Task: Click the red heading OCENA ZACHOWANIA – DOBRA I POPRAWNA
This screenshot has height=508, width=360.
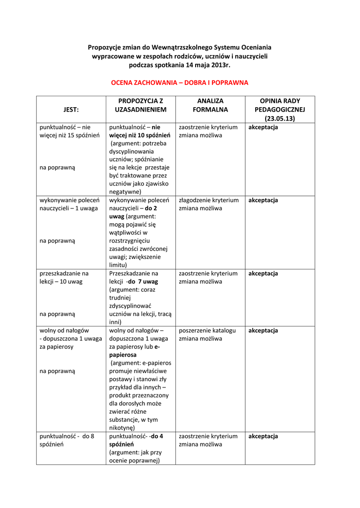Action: pyautogui.click(x=179, y=82)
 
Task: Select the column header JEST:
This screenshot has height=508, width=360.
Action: pyautogui.click(x=71, y=109)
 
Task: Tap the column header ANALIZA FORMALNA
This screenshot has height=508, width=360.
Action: pyautogui.click(x=210, y=105)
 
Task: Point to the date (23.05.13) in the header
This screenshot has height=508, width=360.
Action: pyautogui.click(x=280, y=119)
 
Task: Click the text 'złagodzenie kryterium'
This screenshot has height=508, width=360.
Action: pyautogui.click(x=209, y=200)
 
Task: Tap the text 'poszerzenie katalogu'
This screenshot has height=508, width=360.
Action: pyautogui.click(x=207, y=330)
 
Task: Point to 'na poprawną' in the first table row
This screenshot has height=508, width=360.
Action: pyautogui.click(x=57, y=168)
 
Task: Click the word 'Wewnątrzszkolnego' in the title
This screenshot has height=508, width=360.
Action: pyautogui.click(x=182, y=47)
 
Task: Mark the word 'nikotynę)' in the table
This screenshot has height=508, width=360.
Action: pyautogui.click(x=122, y=428)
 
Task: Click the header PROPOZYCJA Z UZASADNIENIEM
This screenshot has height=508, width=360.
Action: pyautogui.click(x=141, y=105)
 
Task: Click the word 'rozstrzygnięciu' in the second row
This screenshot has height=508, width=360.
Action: pyautogui.click(x=130, y=241)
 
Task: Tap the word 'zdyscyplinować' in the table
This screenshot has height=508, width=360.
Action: pyautogui.click(x=130, y=306)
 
